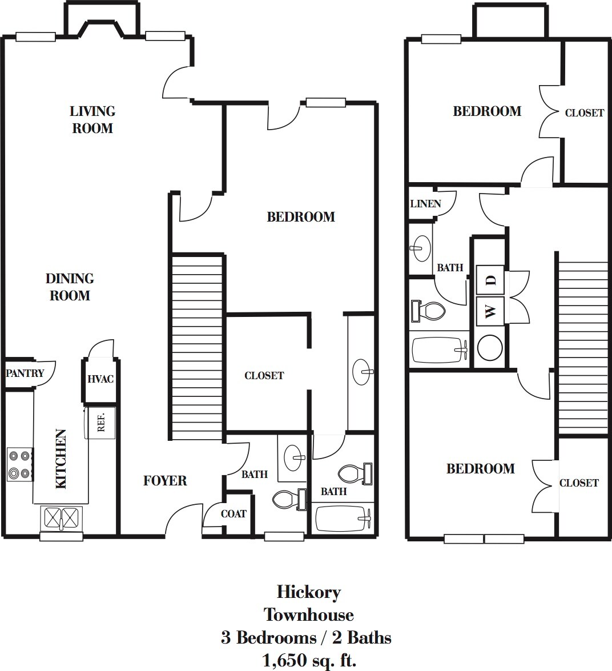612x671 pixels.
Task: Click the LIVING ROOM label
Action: click(x=92, y=119)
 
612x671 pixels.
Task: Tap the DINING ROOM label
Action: click(x=70, y=287)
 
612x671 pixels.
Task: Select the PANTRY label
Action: click(x=25, y=373)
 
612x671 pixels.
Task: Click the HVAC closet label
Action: click(x=100, y=379)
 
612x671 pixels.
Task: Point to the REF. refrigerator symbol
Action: click(x=100, y=423)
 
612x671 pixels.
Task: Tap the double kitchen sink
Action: click(x=61, y=518)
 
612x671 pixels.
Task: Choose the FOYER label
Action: click(x=165, y=481)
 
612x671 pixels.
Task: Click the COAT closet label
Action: click(x=233, y=514)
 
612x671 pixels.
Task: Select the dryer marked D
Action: click(x=490, y=280)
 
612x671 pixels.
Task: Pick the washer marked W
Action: click(x=490, y=311)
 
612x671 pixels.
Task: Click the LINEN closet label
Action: click(x=425, y=204)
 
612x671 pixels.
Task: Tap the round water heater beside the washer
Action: click(x=490, y=347)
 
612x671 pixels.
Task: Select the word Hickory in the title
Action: click(x=308, y=592)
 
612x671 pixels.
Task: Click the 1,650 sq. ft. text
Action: click(x=309, y=661)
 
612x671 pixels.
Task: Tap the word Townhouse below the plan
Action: click(x=308, y=615)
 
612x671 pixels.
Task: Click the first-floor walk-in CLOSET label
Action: click(x=264, y=376)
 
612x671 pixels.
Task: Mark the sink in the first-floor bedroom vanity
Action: click(x=362, y=372)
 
